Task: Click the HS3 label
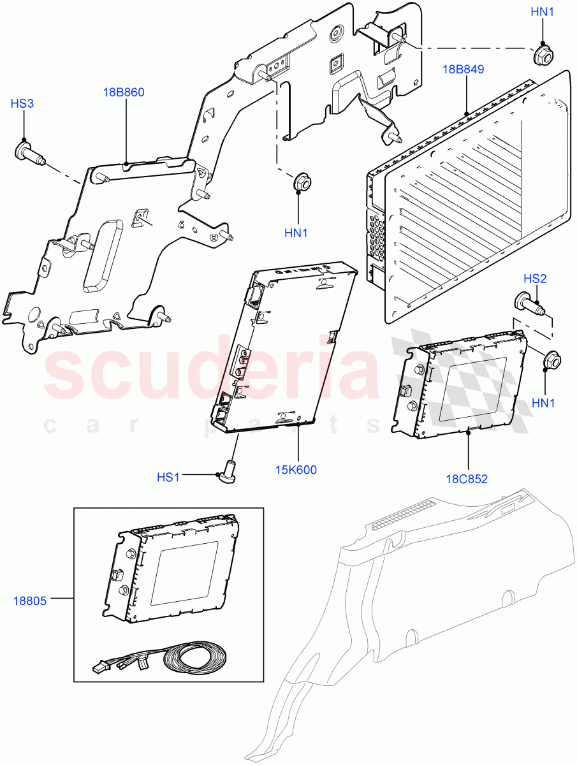pos(23,103)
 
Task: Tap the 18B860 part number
pos(124,92)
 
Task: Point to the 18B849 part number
pos(465,69)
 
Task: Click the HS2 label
pos(535,279)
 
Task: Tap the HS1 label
pos(169,477)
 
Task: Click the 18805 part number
pos(29,600)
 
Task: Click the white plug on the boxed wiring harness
pos(99,671)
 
